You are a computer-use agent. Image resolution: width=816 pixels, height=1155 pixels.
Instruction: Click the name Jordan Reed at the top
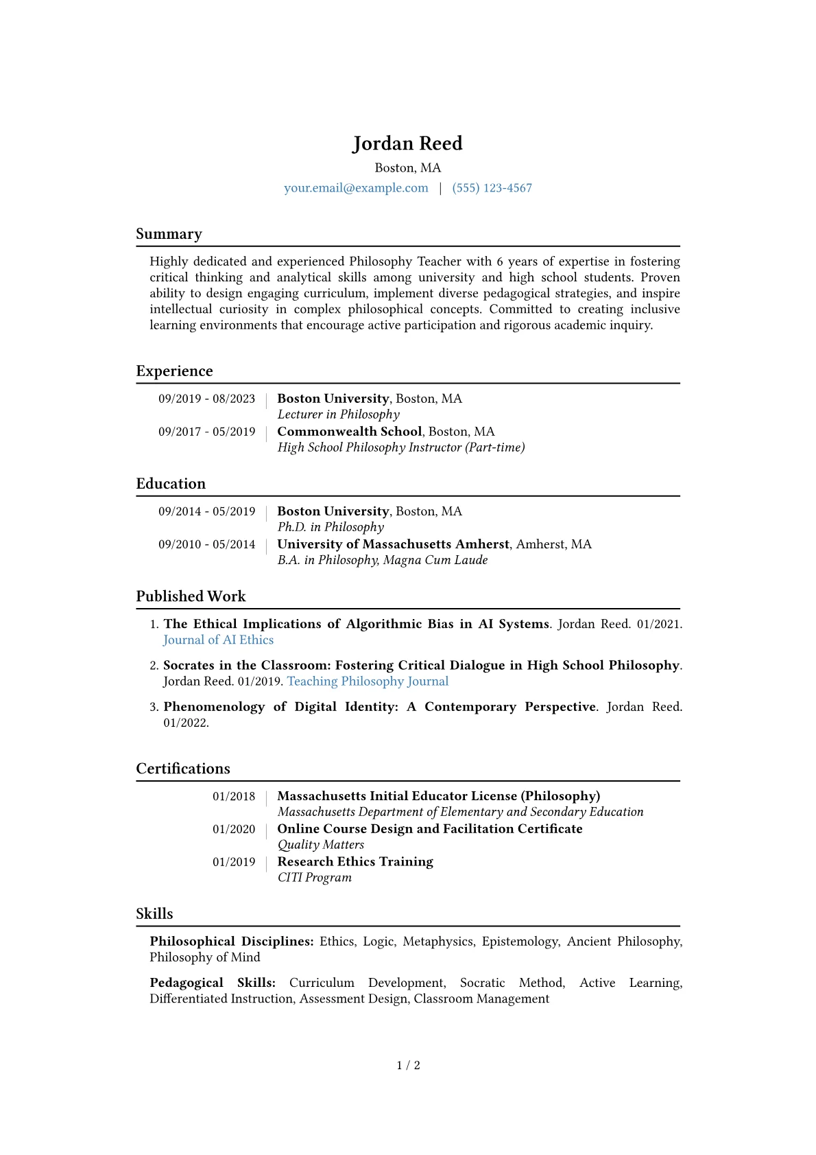407,143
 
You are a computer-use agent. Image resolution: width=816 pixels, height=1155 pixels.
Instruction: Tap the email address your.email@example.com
356,188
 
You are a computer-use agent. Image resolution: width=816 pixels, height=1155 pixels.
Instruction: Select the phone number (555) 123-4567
492,188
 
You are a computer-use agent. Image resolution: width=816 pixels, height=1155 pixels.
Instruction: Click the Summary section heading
169,234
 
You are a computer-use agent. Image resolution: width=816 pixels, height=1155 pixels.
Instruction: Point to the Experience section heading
174,371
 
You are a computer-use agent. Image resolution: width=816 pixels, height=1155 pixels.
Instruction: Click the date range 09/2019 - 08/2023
206,399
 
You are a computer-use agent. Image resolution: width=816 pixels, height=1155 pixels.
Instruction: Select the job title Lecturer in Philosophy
338,415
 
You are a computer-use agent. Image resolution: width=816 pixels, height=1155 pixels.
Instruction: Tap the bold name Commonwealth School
349,432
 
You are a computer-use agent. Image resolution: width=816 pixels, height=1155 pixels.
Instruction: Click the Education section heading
171,484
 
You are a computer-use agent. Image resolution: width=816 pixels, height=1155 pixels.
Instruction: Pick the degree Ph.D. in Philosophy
331,527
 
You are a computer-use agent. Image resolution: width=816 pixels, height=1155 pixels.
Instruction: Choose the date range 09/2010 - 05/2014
206,544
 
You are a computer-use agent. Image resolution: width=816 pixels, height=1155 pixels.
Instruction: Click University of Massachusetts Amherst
393,544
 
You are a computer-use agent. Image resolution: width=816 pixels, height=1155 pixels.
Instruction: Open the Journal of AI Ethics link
218,640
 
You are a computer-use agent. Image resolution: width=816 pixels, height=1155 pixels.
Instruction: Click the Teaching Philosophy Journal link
368,681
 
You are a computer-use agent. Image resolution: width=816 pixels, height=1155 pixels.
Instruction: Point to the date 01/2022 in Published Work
185,723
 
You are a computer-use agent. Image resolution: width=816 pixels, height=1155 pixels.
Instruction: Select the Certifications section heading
183,769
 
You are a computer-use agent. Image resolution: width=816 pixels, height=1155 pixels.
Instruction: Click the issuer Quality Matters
320,845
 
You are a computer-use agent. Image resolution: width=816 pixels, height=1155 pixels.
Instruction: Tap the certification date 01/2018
233,797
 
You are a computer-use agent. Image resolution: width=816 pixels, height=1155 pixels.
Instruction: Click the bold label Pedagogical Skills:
213,983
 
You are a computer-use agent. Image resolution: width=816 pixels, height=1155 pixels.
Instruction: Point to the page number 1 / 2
408,1065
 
